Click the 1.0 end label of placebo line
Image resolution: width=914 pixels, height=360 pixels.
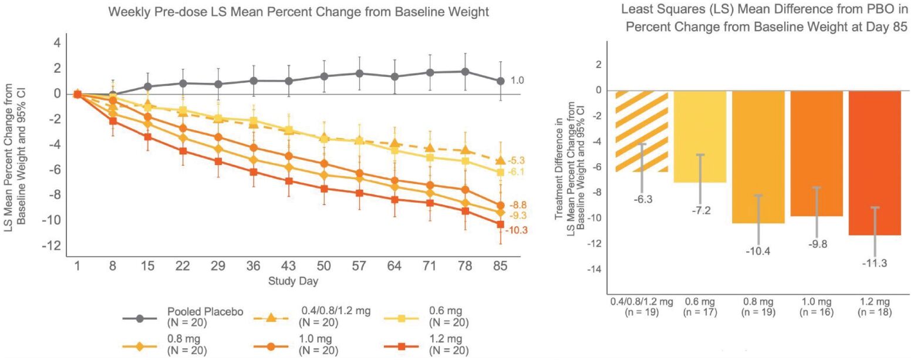click(518, 80)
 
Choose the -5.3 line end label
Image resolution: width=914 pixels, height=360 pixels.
click(517, 160)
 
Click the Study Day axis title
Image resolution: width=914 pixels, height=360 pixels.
click(294, 281)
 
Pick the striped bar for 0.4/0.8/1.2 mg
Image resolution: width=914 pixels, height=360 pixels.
click(641, 131)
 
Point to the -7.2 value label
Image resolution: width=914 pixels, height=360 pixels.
click(700, 210)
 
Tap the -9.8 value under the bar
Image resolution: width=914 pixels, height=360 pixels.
click(817, 244)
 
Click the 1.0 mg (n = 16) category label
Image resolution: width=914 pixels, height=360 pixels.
click(817, 307)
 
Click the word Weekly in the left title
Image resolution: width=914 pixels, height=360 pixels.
click(127, 11)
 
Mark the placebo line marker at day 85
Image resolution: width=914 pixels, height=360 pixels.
click(501, 81)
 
